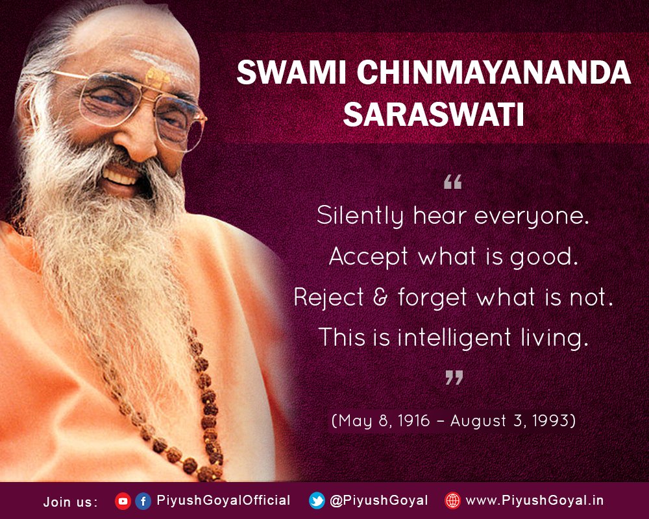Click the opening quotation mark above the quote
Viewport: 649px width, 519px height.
(x=452, y=184)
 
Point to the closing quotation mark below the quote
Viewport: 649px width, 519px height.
(x=453, y=378)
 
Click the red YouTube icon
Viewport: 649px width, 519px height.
(x=123, y=501)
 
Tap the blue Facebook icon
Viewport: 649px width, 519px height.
(x=143, y=501)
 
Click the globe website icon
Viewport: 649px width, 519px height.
(x=452, y=501)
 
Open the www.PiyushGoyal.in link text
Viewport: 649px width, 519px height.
(x=535, y=501)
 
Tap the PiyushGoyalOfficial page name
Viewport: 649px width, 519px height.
(x=223, y=501)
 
